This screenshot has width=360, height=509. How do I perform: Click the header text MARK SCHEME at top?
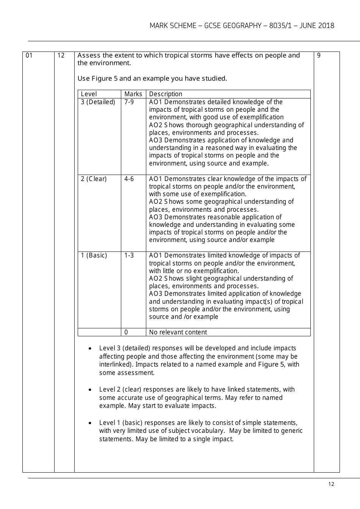[172, 26]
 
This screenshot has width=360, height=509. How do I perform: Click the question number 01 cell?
[29, 56]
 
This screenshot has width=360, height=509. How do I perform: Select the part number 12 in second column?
[61, 56]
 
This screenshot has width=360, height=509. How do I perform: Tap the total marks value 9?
[319, 56]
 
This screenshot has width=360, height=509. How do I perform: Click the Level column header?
[89, 94]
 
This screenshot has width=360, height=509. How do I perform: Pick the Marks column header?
[133, 94]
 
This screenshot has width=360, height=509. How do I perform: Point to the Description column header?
[166, 94]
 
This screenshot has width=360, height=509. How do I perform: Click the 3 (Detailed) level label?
[98, 102]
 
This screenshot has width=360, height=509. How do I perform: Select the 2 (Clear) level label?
[94, 179]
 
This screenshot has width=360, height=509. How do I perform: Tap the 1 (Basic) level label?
[94, 255]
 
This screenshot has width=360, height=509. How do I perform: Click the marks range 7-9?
[129, 102]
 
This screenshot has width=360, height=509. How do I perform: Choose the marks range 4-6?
[129, 179]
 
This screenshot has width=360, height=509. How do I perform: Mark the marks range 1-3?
[129, 255]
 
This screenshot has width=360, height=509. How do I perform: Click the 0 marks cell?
[126, 332]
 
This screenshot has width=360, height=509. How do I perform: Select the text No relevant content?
[178, 332]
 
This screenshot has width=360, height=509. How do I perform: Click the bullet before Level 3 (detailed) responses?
[90, 348]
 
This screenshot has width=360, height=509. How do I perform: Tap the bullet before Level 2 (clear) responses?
[90, 390]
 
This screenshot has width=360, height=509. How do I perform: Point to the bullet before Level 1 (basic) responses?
[90, 423]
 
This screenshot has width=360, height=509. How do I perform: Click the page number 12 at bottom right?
[331, 484]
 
